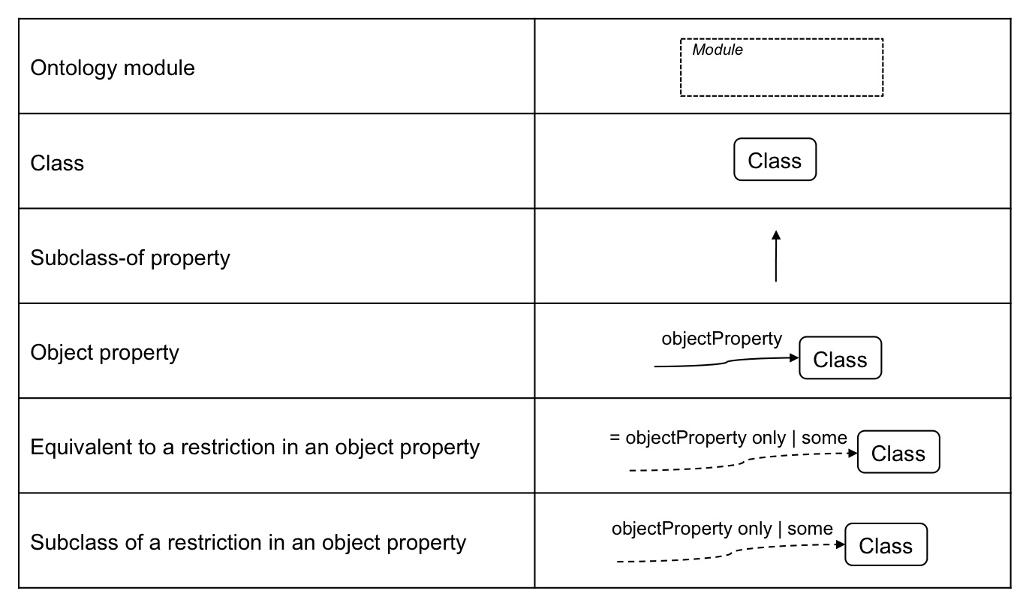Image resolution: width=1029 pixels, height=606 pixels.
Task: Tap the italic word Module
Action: coord(718,50)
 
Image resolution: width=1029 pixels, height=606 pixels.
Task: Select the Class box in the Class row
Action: coord(775,160)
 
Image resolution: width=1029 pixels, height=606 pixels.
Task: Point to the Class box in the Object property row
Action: coord(840,359)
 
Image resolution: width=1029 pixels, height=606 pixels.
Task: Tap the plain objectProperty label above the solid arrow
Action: coord(721,339)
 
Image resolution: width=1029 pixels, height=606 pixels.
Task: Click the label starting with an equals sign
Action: coord(728,438)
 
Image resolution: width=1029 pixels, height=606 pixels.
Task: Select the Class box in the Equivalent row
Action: coord(898,453)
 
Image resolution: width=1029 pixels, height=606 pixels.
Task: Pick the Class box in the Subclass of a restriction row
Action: coord(886,545)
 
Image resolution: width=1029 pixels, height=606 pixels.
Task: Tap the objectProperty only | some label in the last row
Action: coord(722,529)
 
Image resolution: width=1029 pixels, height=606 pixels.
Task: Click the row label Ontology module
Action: coord(113,68)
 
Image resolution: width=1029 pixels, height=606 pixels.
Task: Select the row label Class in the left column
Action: coord(57,163)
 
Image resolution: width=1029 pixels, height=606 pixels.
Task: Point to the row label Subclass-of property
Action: coord(130,258)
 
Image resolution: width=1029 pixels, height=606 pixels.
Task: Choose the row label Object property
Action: coord(104,352)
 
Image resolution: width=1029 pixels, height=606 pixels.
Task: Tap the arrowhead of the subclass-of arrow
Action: coord(776,235)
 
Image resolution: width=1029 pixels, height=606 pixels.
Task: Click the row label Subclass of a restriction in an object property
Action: coord(248,542)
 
